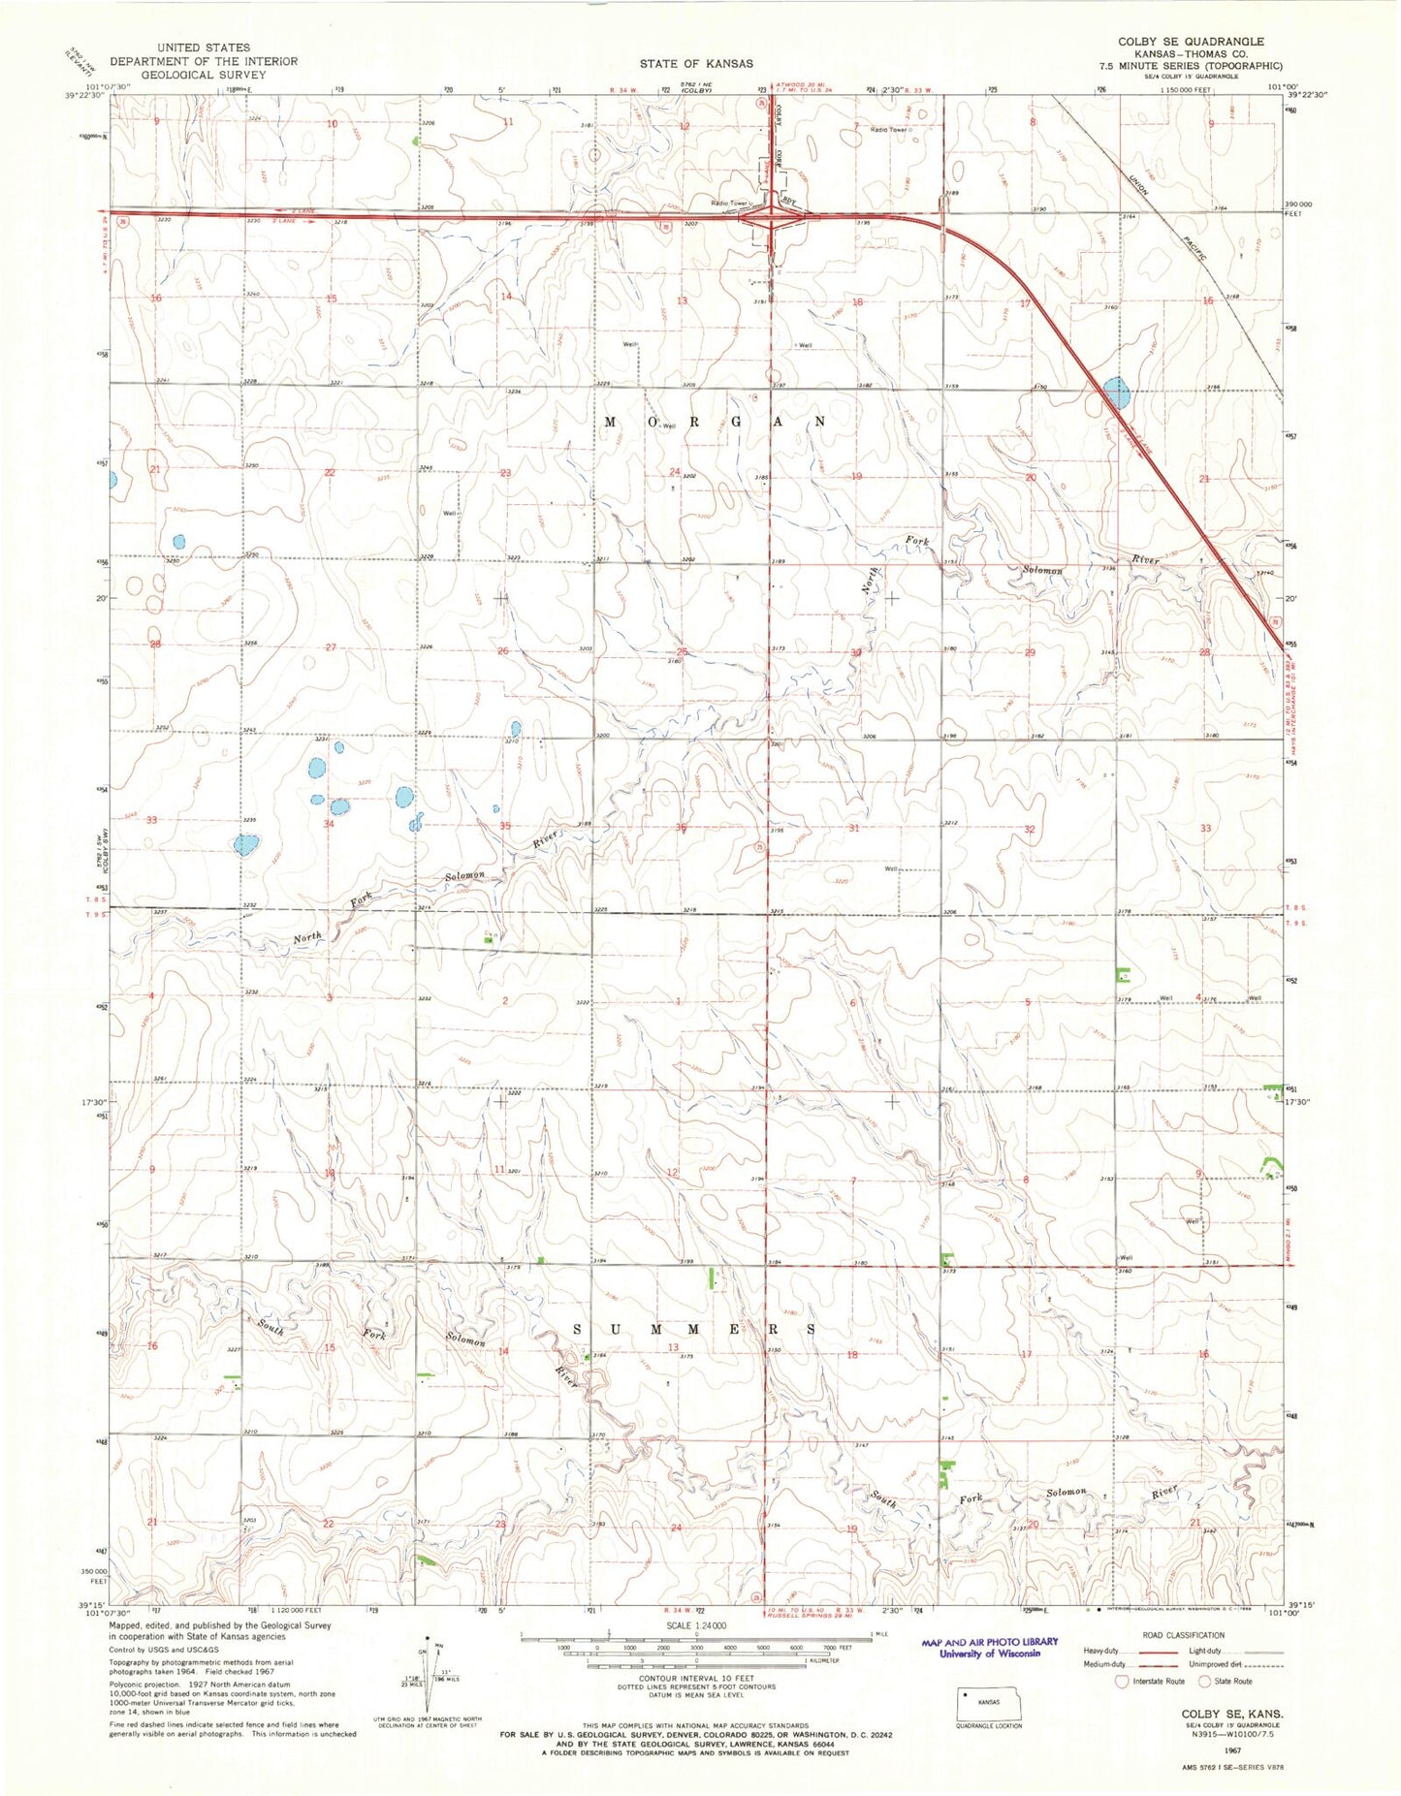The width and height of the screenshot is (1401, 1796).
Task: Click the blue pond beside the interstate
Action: tap(1116, 393)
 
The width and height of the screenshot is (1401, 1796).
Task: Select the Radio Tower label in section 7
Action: tap(888, 130)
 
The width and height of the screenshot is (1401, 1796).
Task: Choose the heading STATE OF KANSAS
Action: tap(695, 63)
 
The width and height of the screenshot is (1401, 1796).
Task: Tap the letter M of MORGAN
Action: tap(611, 422)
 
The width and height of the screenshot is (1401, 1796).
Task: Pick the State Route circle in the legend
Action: tap(1207, 1682)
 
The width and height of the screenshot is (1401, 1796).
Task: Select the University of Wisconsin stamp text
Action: tap(988, 1654)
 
